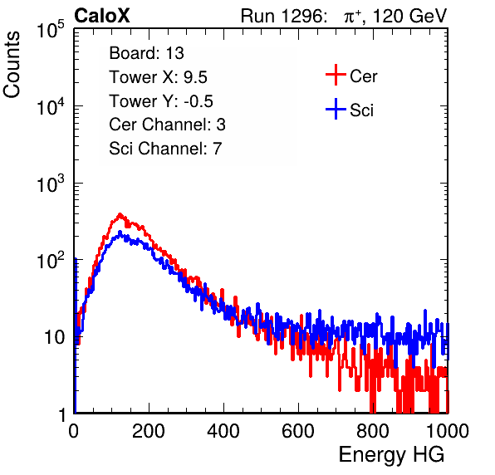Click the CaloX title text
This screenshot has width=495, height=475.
[102, 16]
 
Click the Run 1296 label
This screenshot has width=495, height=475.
[282, 16]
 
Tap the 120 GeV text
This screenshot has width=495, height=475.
[409, 16]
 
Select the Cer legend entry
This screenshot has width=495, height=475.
[351, 76]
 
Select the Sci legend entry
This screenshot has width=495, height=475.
[350, 110]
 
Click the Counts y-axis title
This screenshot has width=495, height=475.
[12, 65]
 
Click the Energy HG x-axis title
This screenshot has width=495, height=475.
[391, 455]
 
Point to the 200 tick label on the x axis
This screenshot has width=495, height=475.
[149, 431]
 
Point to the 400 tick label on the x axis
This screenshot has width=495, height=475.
[223, 431]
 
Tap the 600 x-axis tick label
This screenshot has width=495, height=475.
[298, 431]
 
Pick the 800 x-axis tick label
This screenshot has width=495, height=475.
[373, 431]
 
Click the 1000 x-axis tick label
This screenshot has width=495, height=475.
[448, 431]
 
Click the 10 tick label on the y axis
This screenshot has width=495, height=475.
[55, 337]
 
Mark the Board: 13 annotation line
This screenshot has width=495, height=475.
[146, 53]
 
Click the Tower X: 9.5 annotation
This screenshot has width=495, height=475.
[158, 77]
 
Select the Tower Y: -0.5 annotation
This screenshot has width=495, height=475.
[161, 101]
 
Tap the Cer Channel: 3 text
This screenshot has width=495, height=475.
[167, 125]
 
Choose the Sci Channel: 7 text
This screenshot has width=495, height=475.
[165, 149]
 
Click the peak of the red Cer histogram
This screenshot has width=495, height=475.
[120, 214]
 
